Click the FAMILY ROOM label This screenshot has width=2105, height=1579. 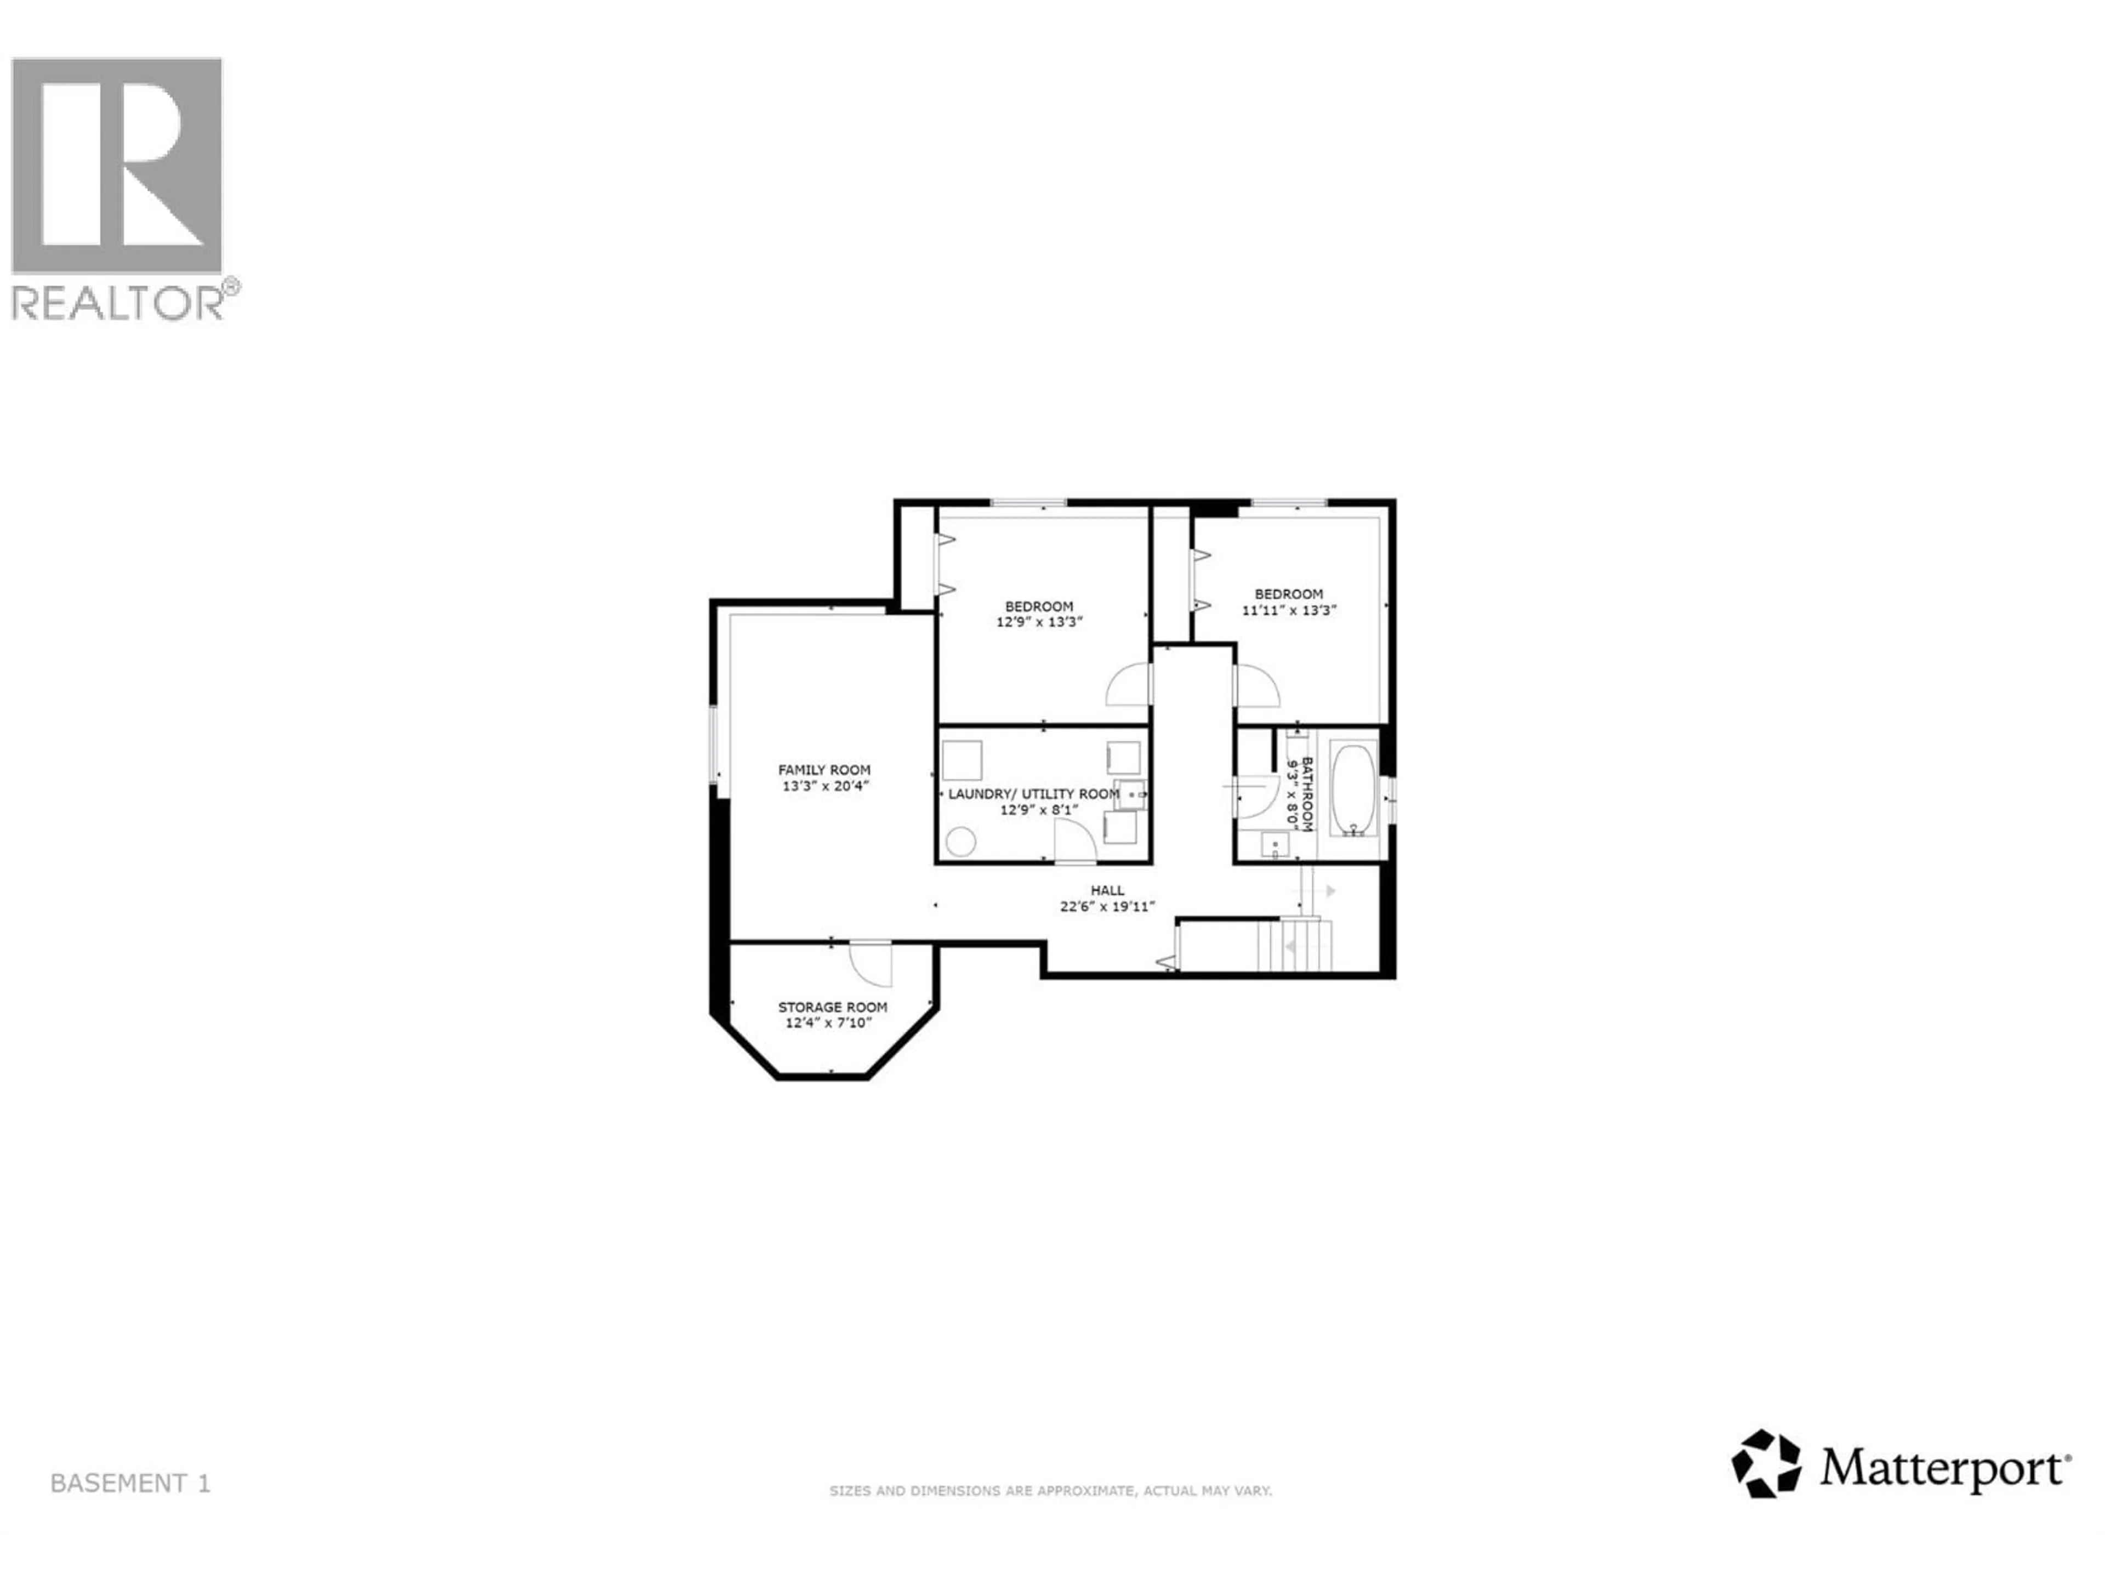[824, 770]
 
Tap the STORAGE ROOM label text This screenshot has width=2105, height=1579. [833, 1007]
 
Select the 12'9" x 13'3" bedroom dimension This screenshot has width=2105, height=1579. [1039, 622]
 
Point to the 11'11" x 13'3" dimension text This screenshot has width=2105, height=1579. [1289, 610]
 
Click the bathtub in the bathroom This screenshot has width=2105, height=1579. [1352, 789]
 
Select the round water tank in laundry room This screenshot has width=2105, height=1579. [961, 842]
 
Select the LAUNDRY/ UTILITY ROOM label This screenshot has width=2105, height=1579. [1033, 794]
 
